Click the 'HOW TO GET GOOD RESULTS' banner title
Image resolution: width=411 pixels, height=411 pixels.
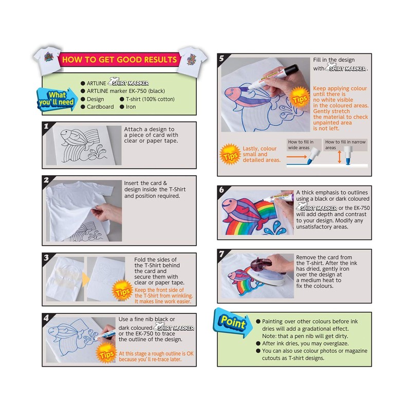pos(119,60)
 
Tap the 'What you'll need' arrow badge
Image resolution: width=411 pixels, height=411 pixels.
pos(57,99)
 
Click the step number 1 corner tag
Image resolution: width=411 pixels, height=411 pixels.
pos(46,126)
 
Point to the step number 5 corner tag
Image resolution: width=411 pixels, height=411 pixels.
pos(222,58)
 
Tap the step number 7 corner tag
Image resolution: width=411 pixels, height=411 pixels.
pos(222,254)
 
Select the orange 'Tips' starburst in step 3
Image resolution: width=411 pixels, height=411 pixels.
pos(122,291)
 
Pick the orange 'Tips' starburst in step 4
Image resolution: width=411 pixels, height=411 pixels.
pos(106,353)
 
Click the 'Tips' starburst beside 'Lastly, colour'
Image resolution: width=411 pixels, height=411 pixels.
pos(230,155)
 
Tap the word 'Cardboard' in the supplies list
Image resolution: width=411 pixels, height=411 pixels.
pos(100,107)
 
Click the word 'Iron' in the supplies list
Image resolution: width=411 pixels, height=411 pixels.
pos(131,107)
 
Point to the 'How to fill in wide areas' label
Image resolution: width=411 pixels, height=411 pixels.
pos(301,145)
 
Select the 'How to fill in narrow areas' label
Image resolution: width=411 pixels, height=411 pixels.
pos(345,145)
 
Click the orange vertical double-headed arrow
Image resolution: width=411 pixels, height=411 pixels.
pos(340,157)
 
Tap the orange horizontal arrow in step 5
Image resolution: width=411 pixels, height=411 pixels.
pos(296,157)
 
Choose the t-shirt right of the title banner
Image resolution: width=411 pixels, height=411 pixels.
pos(192,62)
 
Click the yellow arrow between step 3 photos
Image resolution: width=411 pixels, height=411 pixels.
pos(85,279)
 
